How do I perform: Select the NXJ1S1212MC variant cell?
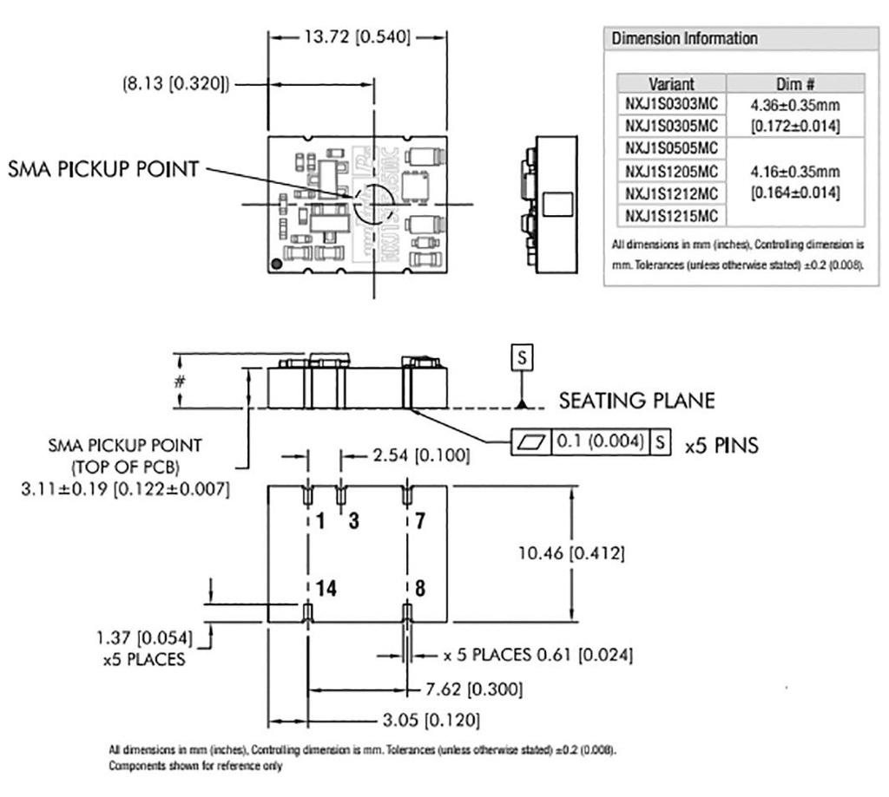pos(670,193)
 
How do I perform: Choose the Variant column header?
pos(671,84)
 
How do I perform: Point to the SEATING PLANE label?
pos(636,401)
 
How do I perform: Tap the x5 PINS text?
pos(721,445)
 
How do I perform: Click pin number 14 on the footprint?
pos(326,588)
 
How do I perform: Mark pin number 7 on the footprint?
pos(420,521)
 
